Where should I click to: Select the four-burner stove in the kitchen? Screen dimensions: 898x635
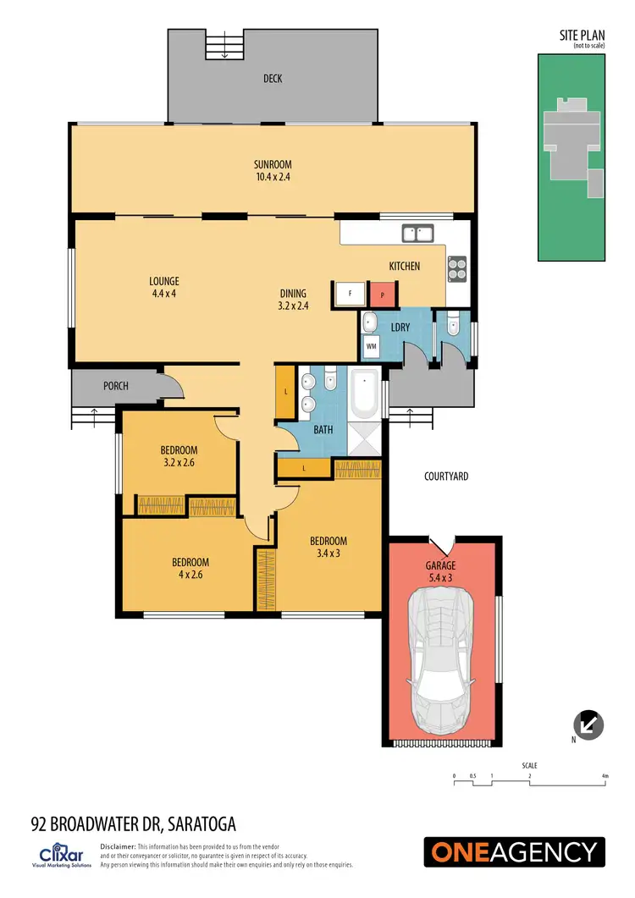pos(456,267)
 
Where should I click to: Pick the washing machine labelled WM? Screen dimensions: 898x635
pos(371,345)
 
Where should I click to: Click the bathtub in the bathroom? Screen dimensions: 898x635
pos(366,394)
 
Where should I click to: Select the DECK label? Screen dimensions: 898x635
pos(273,79)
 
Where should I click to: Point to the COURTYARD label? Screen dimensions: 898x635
pos(446,477)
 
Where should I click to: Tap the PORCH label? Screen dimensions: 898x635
pos(116,386)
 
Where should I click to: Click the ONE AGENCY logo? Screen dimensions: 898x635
pos(515,851)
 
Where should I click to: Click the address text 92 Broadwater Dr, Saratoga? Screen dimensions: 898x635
pos(133,824)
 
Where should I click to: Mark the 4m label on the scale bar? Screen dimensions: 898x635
pos(605,775)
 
